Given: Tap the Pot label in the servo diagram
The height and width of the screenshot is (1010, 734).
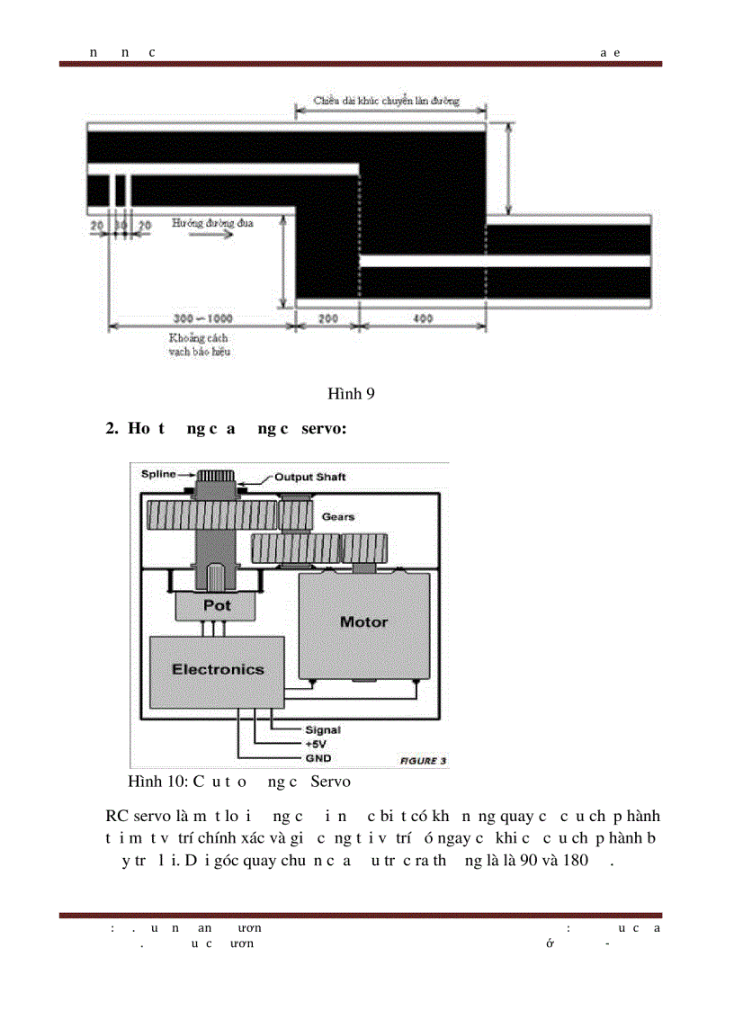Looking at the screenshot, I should coord(217,605).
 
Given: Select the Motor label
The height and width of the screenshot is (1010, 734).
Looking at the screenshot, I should coord(363,621).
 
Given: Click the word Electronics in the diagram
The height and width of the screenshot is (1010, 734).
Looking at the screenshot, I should coord(218,669).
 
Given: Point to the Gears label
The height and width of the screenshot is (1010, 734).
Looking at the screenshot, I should coord(338,517).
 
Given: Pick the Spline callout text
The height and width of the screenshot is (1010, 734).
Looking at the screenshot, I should coord(158,474).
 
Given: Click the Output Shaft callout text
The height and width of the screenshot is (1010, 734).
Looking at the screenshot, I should coord(309,477).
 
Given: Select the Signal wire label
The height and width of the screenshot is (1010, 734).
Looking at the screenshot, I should coord(322,730).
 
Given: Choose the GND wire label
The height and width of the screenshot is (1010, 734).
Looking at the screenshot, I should coord(318,758).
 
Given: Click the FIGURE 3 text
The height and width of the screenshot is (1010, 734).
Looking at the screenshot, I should coord(423,761).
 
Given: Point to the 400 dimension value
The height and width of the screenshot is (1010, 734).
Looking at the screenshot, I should coord(423,318).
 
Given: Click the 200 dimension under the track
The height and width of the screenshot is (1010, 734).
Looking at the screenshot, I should coord(327,318).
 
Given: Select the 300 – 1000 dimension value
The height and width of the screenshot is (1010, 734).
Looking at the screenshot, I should coord(203,318).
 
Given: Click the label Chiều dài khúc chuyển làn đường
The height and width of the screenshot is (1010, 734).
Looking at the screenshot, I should coord(386,101).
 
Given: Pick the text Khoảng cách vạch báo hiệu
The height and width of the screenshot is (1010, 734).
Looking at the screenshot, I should coord(200,344).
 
